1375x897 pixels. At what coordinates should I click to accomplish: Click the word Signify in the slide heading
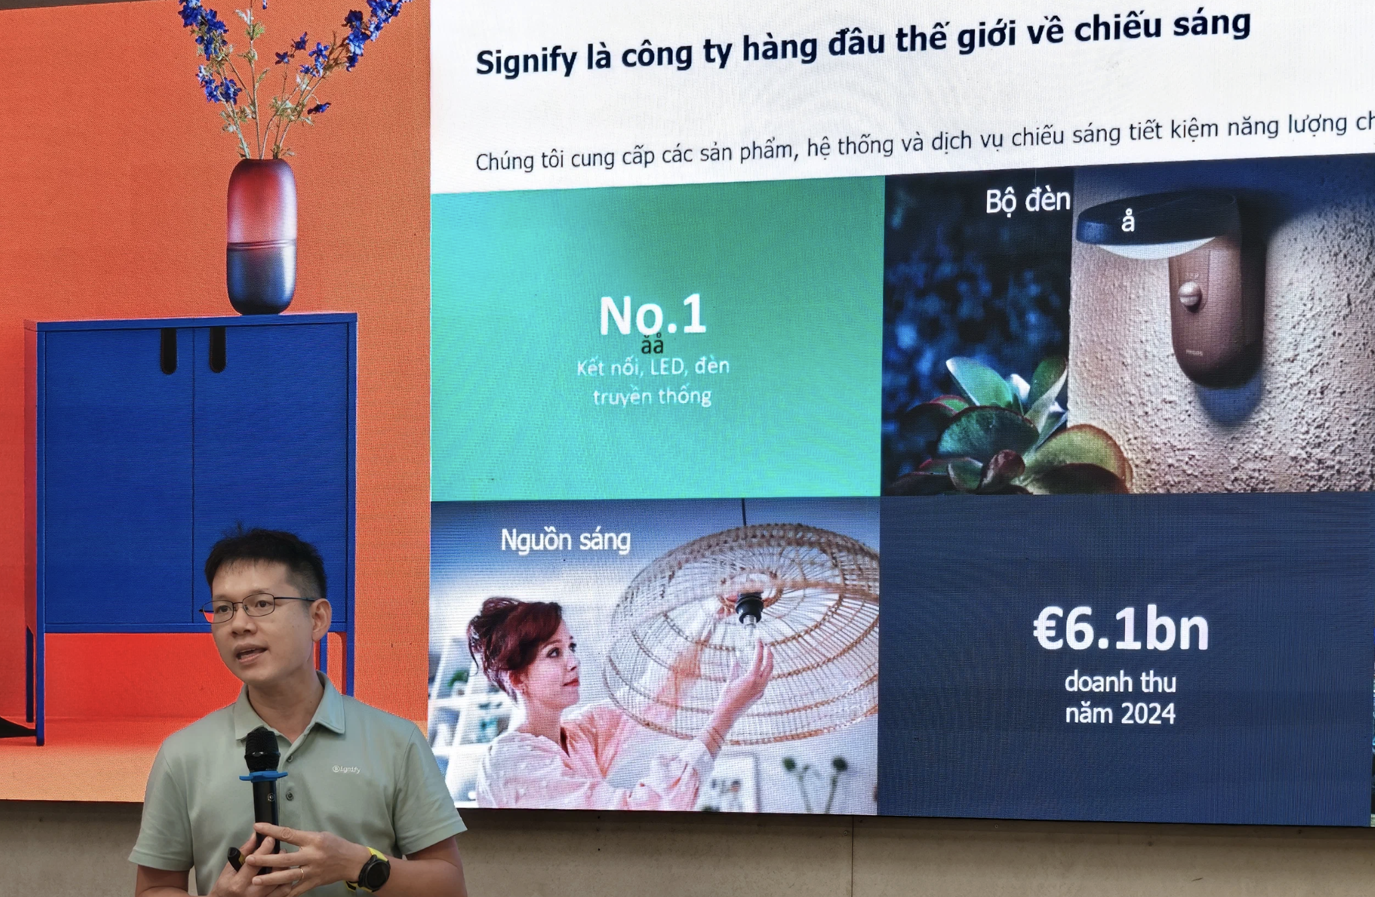tap(525, 61)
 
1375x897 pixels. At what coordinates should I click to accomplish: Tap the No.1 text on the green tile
tap(652, 315)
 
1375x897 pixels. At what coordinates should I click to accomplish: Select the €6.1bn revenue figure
tap(1121, 630)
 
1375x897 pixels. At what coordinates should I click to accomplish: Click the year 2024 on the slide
tap(1147, 714)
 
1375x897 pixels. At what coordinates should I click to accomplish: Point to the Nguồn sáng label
tap(565, 540)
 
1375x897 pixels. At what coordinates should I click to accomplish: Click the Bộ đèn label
tap(1028, 201)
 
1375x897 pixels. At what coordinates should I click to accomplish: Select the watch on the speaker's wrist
tap(373, 870)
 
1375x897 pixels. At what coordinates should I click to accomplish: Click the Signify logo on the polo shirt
tap(346, 769)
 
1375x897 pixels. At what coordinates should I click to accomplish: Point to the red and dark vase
tap(261, 237)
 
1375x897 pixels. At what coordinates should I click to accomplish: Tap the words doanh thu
tap(1120, 682)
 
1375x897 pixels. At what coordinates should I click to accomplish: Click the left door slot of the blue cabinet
tap(169, 350)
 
